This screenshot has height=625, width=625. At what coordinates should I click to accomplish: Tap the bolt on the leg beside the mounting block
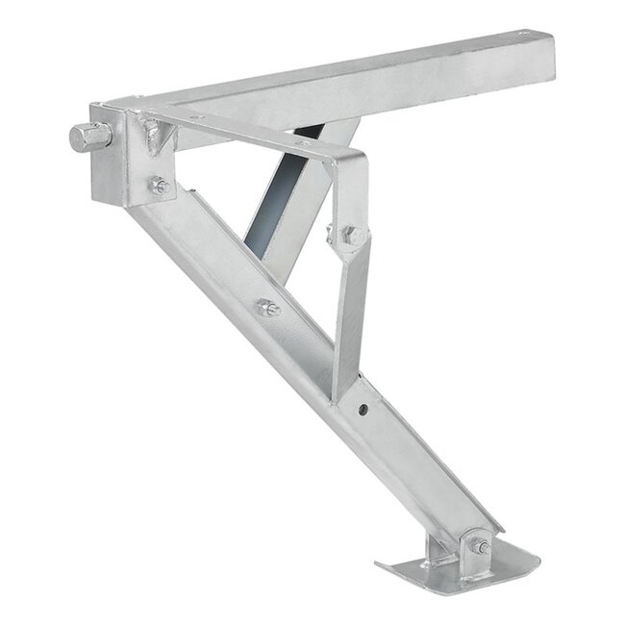pyautogui.click(x=159, y=185)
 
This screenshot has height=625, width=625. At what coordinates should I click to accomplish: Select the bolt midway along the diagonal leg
pyautogui.click(x=267, y=309)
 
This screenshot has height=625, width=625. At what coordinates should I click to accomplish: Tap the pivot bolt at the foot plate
pyautogui.click(x=479, y=547)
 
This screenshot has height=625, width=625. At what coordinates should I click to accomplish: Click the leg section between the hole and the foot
pyautogui.click(x=423, y=462)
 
